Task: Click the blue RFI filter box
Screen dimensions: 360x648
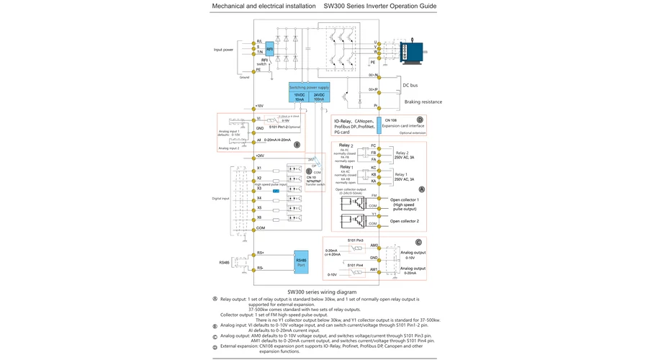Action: [x=269, y=50]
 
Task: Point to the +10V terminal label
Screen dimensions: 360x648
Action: [x=259, y=105]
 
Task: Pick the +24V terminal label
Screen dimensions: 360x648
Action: [x=259, y=156]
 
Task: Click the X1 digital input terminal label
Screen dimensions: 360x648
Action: [x=259, y=168]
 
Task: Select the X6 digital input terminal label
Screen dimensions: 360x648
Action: [x=259, y=217]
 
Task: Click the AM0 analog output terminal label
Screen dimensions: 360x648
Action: [x=374, y=245]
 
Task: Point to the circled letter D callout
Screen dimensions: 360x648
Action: [x=420, y=120]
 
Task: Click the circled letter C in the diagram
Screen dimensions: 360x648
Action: [x=418, y=242]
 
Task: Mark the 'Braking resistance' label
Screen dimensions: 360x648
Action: [x=423, y=102]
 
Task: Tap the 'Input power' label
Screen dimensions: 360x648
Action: [x=225, y=50]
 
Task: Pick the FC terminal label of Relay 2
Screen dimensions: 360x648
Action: [x=373, y=147]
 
